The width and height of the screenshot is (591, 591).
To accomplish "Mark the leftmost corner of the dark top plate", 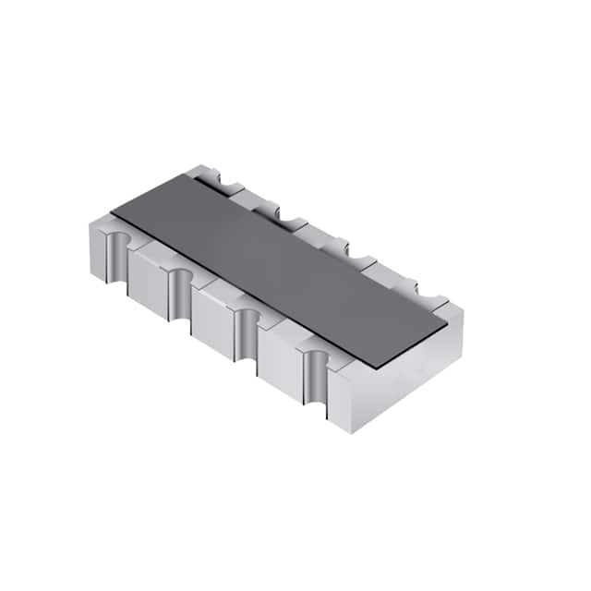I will (112, 213).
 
